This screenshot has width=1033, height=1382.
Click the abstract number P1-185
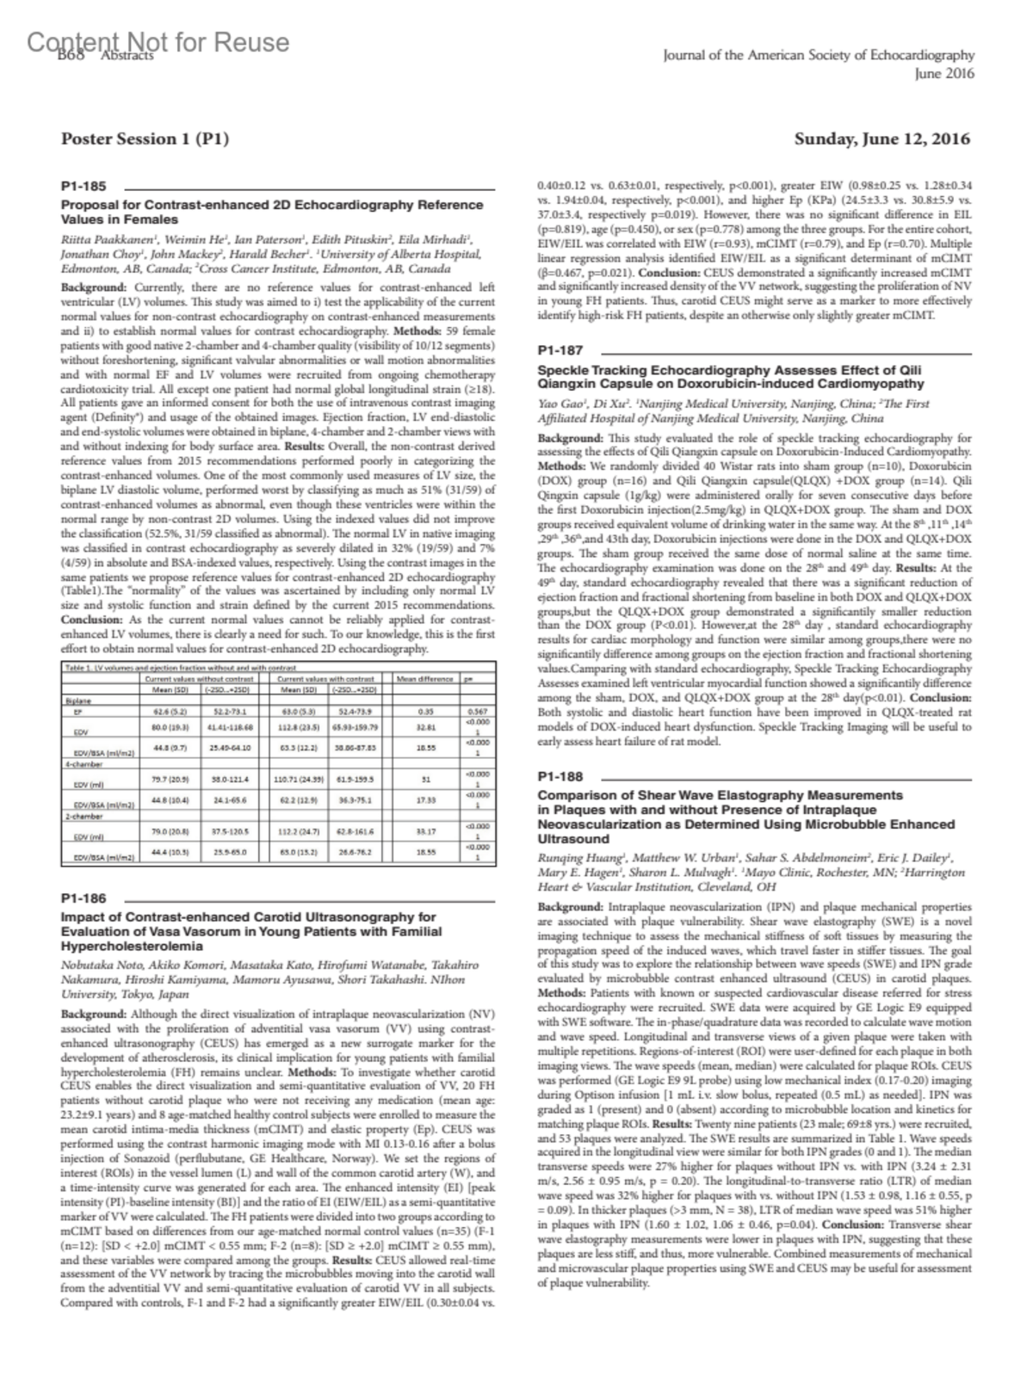point(83,185)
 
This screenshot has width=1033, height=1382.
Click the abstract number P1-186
point(84,898)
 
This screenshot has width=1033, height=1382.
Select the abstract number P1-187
point(560,350)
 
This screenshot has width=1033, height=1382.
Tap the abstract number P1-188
point(560,776)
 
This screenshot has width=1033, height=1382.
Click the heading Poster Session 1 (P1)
point(145,139)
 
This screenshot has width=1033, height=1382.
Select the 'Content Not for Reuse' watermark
point(158,42)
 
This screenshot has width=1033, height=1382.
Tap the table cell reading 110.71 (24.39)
point(297,779)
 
